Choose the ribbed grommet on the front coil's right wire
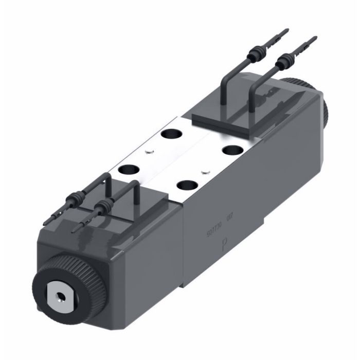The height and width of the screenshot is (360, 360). tap(103, 207)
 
